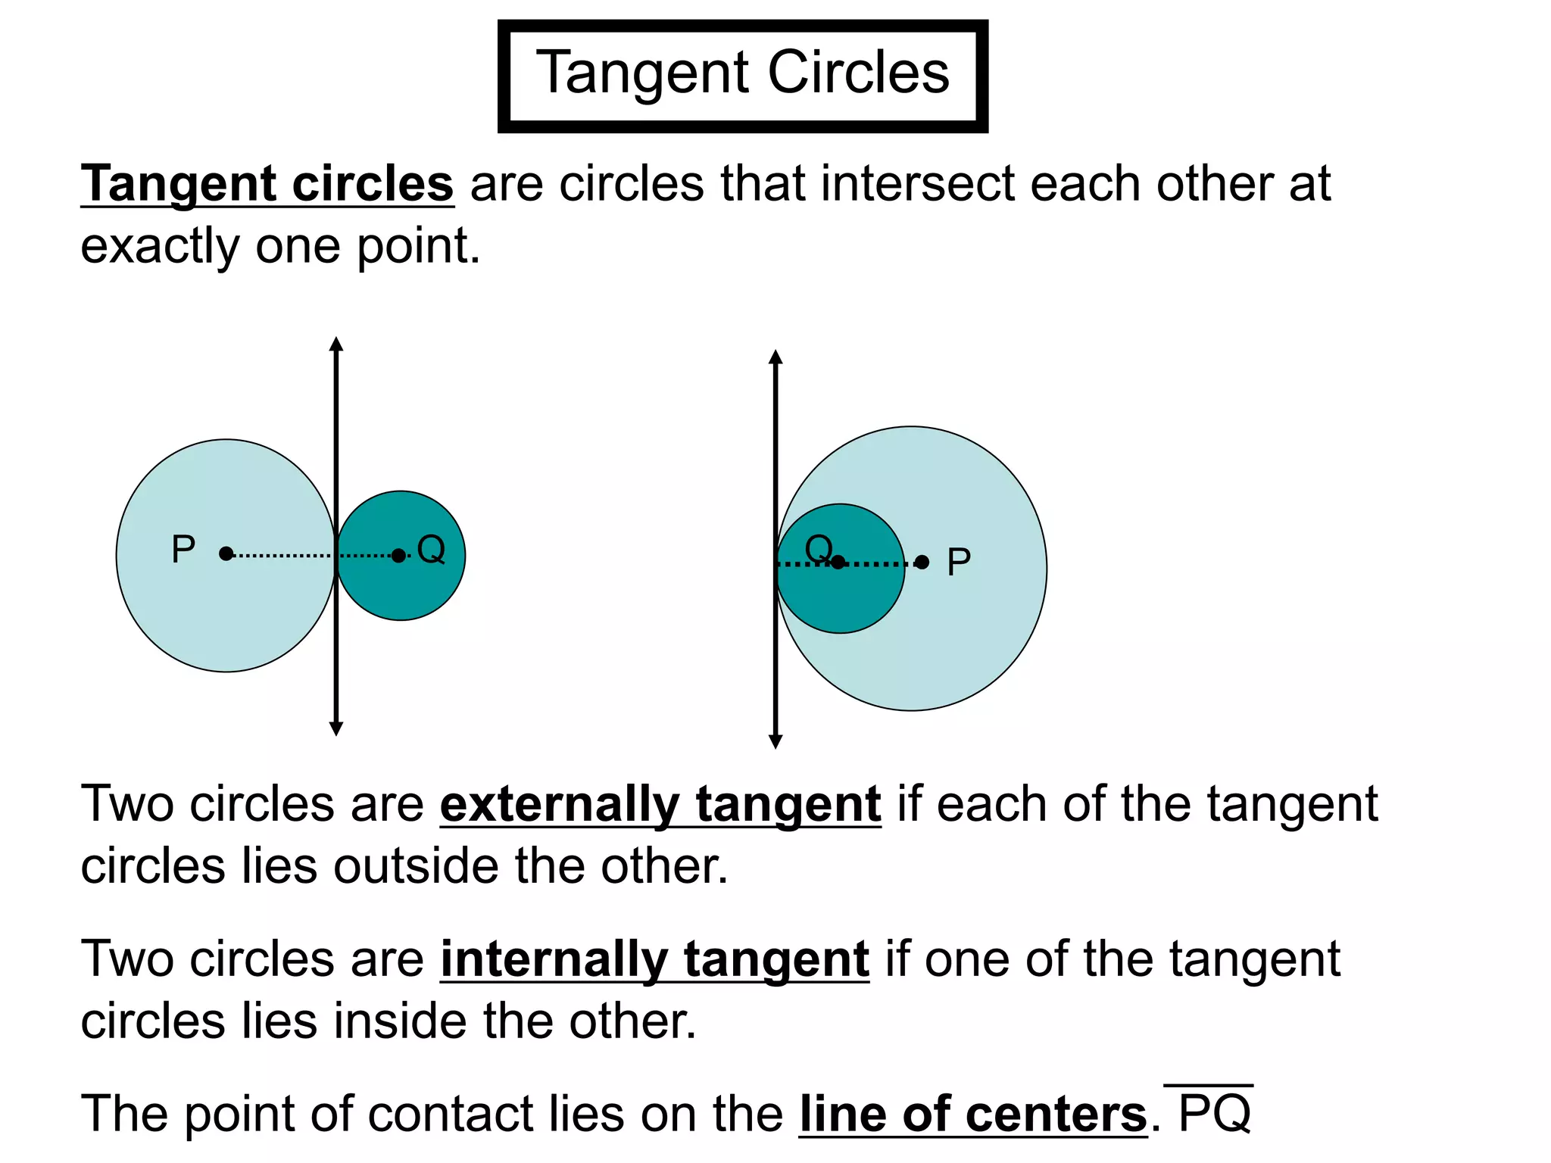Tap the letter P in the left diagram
(x=183, y=549)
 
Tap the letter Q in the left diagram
(x=431, y=549)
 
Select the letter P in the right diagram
(x=959, y=562)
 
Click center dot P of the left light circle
(x=226, y=554)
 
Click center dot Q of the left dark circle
(x=398, y=556)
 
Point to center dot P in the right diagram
(x=922, y=562)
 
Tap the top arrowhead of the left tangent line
(x=336, y=345)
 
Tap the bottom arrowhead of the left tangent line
(x=336, y=728)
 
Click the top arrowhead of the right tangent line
(x=775, y=357)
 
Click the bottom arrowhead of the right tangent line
(x=775, y=741)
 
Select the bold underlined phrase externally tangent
(x=660, y=804)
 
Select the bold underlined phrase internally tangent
(x=654, y=959)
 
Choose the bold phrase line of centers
(x=973, y=1115)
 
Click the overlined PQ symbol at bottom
(x=1214, y=1113)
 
